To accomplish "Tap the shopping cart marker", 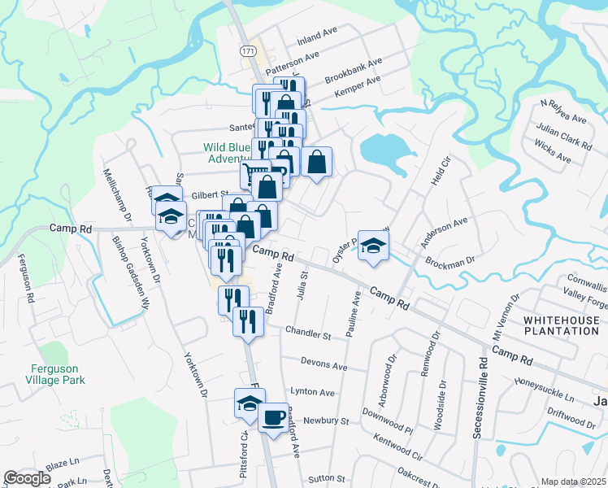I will (x=254, y=175).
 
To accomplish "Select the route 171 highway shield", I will (x=248, y=50).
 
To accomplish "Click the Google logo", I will (x=27, y=478).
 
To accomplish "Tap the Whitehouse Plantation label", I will (x=561, y=325).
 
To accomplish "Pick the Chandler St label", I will (x=309, y=334).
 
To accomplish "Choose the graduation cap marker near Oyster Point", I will (x=373, y=246).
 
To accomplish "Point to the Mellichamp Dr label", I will (x=116, y=195).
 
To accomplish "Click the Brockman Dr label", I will (x=449, y=262).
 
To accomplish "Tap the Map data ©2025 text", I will (x=574, y=481).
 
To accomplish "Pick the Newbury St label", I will (x=325, y=421).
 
